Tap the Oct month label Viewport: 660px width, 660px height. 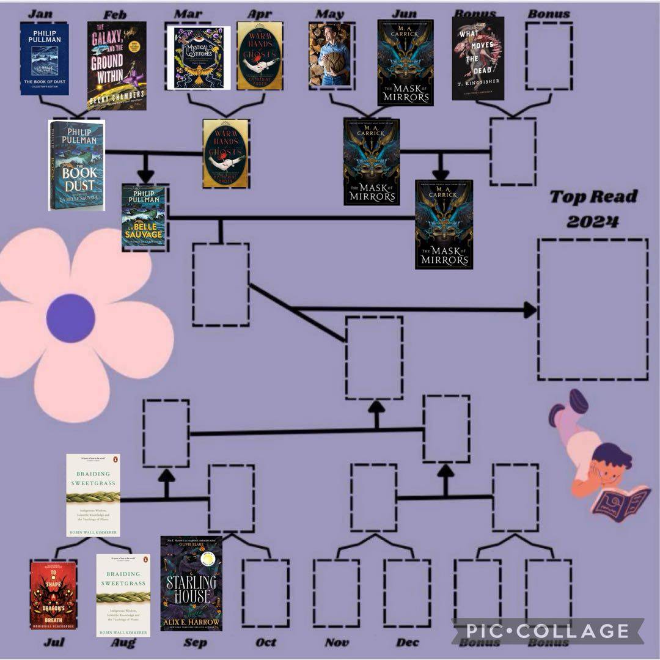pos(266,643)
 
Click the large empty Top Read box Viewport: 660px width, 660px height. pos(592,309)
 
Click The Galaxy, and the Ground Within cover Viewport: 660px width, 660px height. pos(117,65)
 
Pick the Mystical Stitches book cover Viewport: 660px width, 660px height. pos(199,58)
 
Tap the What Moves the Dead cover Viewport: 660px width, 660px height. pos(478,58)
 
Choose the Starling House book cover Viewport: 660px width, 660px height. pos(191,584)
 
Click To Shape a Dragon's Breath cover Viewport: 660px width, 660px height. pos(53,587)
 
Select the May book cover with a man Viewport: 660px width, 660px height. pos(329,55)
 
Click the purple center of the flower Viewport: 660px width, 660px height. pos(70,318)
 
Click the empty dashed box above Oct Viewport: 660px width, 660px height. pos(265,593)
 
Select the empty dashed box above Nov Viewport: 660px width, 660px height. pos(336,593)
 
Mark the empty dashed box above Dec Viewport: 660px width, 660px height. pos(407,593)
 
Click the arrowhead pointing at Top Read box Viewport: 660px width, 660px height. pos(529,310)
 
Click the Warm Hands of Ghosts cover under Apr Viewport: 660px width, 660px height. pos(259,56)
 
